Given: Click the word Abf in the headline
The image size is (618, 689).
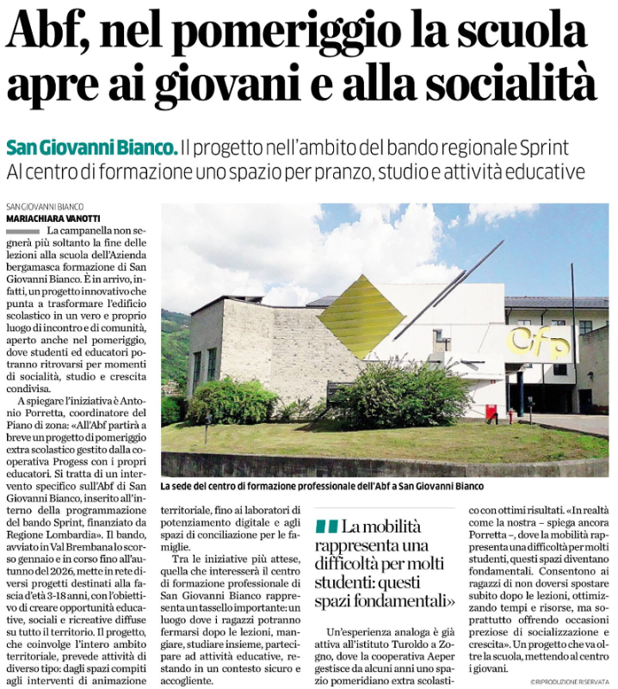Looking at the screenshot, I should [50, 35].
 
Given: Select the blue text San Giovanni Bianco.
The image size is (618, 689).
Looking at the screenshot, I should [92, 146].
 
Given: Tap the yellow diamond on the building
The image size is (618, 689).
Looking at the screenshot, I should [362, 317].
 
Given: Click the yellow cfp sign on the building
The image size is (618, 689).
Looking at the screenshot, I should [538, 341].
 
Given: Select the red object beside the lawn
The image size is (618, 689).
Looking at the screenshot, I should [491, 413].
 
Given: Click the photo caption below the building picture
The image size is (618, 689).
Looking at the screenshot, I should [334, 485].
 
